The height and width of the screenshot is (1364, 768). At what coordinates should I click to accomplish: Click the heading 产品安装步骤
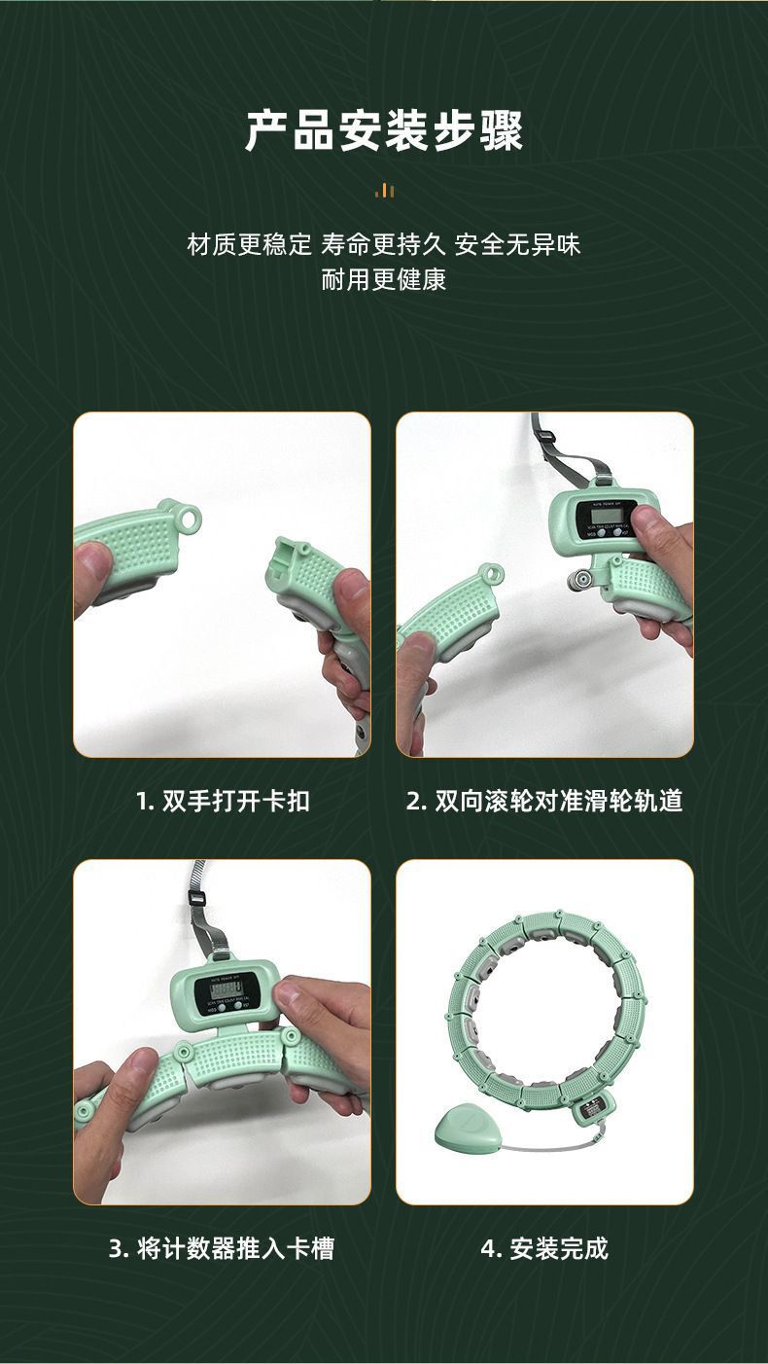tap(384, 131)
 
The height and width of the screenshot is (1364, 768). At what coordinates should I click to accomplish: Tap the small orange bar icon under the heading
tap(385, 191)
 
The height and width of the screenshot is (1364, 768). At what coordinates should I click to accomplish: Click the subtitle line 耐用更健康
tap(384, 281)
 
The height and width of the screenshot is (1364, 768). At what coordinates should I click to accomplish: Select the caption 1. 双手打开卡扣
tap(223, 801)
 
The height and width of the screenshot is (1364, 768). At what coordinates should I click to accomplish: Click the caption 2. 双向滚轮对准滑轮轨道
tap(544, 801)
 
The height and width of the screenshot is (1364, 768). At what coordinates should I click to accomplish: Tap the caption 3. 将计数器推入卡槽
tap(222, 1248)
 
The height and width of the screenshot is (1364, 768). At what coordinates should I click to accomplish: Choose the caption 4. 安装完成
tap(544, 1248)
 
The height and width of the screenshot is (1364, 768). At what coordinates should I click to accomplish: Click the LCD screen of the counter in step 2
tap(604, 513)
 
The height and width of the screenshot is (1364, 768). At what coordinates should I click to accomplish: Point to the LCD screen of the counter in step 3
tap(223, 992)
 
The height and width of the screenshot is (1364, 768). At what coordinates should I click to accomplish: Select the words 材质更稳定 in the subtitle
tap(249, 244)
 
